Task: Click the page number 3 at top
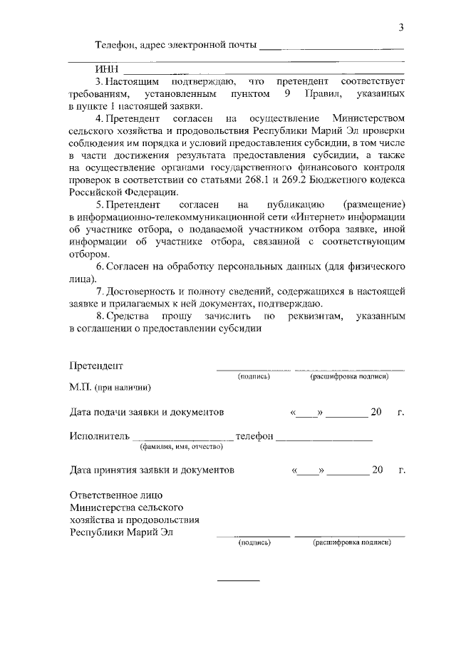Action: (402, 28)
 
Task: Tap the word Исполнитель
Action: (99, 435)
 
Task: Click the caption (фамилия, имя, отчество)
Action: (181, 447)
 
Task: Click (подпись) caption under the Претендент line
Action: (254, 376)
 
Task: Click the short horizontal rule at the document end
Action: (238, 580)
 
